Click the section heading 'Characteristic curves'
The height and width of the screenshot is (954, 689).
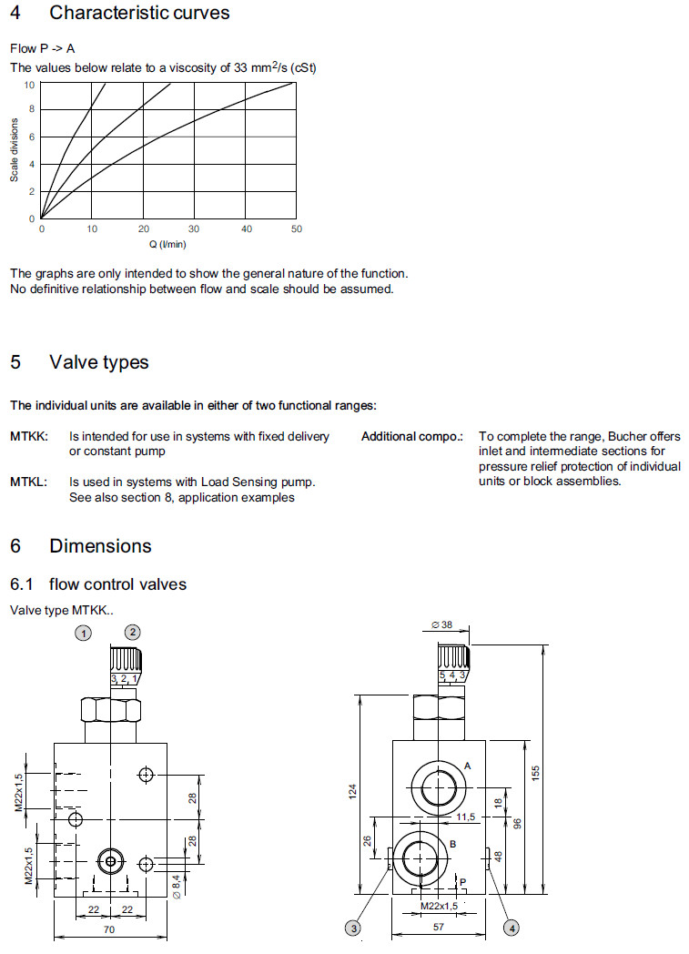tap(139, 13)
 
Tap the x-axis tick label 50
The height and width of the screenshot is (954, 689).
tap(296, 229)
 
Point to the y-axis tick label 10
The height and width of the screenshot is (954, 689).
tap(29, 85)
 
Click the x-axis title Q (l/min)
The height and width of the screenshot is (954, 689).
tap(167, 244)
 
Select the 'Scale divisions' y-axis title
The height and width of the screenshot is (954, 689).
tap(15, 151)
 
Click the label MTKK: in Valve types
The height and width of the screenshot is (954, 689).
tap(29, 437)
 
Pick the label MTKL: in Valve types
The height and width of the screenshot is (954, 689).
tap(29, 482)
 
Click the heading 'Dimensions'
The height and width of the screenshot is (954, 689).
tap(100, 546)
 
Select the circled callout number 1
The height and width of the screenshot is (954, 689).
tap(84, 633)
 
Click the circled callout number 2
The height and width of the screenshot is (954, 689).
tap(133, 632)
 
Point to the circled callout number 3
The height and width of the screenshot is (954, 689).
tap(353, 928)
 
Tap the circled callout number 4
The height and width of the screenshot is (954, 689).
tap(512, 928)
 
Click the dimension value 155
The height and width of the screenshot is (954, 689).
tap(537, 772)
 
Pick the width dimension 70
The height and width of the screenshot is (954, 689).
tap(110, 929)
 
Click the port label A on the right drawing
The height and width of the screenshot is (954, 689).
tap(468, 766)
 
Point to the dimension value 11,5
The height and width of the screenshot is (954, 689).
tap(466, 817)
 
